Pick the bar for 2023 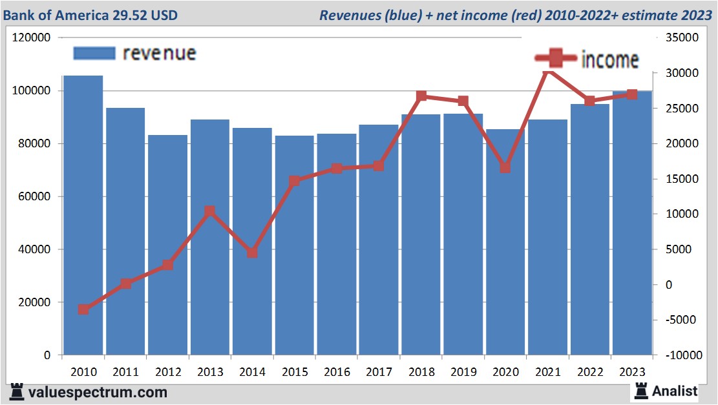[632, 223]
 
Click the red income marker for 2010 [83, 309]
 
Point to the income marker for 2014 [252, 253]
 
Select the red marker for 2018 [421, 96]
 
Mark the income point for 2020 [505, 167]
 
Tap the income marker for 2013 [210, 211]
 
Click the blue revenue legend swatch [94, 53]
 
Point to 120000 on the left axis [32, 38]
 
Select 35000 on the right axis [677, 38]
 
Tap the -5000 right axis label [677, 320]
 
